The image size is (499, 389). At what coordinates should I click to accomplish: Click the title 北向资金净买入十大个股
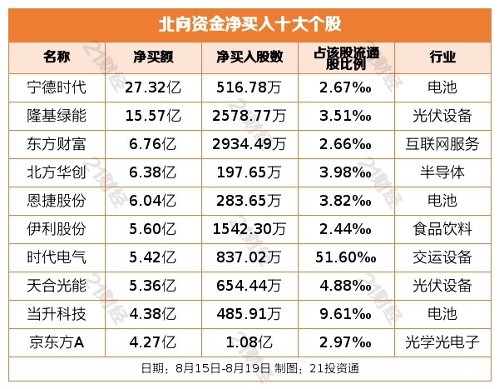(x=249, y=22)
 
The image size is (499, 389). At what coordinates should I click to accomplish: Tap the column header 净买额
(x=154, y=57)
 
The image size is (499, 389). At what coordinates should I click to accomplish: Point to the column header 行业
(x=442, y=57)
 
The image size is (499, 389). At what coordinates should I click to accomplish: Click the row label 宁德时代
(x=56, y=86)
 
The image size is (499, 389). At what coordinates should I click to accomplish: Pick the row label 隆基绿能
(x=56, y=114)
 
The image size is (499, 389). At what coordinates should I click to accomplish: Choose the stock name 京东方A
(x=56, y=342)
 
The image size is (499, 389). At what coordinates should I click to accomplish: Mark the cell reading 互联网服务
(x=442, y=143)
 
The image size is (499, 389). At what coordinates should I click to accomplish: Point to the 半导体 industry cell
(x=442, y=172)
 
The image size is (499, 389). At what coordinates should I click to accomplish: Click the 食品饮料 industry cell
(x=442, y=228)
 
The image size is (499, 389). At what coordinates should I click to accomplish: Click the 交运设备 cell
(x=442, y=257)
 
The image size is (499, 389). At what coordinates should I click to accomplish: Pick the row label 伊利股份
(x=56, y=228)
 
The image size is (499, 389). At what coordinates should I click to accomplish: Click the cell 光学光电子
(x=442, y=342)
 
